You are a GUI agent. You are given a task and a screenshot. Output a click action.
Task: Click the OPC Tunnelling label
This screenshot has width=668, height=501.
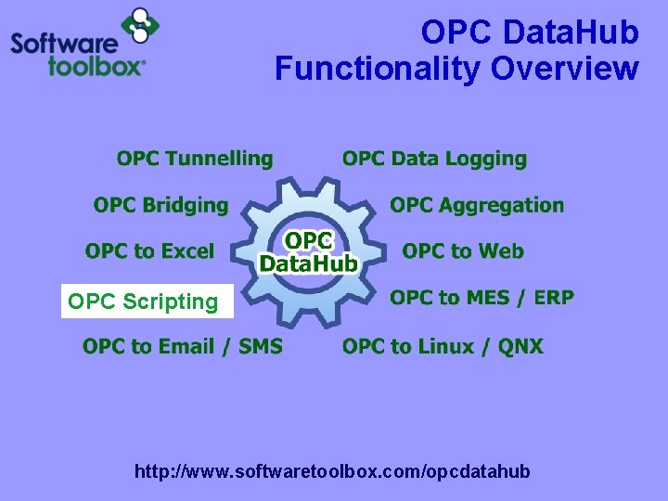pyautogui.click(x=195, y=160)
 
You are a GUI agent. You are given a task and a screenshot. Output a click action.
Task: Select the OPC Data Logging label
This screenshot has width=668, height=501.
pyautogui.click(x=434, y=160)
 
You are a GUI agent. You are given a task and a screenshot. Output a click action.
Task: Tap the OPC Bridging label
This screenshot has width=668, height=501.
pyautogui.click(x=161, y=205)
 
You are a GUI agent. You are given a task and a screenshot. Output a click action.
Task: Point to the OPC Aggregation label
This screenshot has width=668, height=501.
pyautogui.click(x=477, y=205)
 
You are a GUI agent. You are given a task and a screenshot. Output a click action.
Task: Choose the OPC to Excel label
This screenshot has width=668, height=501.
pyautogui.click(x=149, y=251)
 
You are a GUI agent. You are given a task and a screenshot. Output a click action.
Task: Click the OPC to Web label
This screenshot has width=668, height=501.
pyautogui.click(x=463, y=251)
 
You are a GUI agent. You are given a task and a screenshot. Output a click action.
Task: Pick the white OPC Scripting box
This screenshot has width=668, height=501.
pyautogui.click(x=147, y=302)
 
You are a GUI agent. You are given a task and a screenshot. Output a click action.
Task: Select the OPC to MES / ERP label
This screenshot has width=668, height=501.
pyautogui.click(x=482, y=298)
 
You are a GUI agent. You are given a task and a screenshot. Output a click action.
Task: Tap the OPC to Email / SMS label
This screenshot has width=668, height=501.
pyautogui.click(x=183, y=347)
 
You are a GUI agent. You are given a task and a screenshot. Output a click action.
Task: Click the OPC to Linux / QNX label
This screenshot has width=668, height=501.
pyautogui.click(x=443, y=347)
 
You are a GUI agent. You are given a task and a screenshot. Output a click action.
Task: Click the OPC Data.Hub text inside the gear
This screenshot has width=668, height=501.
pyautogui.click(x=308, y=252)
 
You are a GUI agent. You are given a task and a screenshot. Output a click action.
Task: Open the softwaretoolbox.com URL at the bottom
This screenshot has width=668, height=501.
pyautogui.click(x=332, y=472)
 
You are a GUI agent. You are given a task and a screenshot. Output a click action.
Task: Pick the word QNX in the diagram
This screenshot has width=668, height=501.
pyautogui.click(x=520, y=347)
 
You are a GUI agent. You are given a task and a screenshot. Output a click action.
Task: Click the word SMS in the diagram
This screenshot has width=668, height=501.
pyautogui.click(x=261, y=347)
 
